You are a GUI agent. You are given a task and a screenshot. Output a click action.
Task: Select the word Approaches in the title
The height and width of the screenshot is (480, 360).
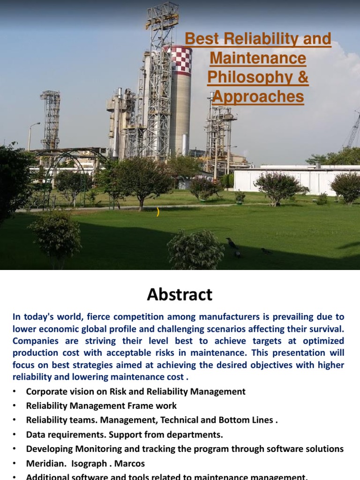pos(258,97)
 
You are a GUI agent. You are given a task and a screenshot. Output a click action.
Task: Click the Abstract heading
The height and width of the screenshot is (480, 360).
pos(180,294)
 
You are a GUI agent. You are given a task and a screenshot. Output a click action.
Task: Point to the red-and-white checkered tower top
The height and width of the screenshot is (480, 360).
pos(180,60)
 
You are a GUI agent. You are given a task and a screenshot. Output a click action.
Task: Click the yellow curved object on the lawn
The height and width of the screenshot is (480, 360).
pos(158,212)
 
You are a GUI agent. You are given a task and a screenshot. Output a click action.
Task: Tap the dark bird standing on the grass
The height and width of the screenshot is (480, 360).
pos(232,243)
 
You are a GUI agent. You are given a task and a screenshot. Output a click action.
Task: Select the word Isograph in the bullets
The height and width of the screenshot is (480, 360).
pos(92,464)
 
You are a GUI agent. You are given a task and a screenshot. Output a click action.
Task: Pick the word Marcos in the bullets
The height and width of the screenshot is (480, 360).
pos(131,464)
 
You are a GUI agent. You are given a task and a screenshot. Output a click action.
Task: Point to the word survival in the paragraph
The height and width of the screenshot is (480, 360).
pos(323,328)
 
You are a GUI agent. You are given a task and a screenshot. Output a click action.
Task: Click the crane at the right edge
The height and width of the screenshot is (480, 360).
pos(353,131)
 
